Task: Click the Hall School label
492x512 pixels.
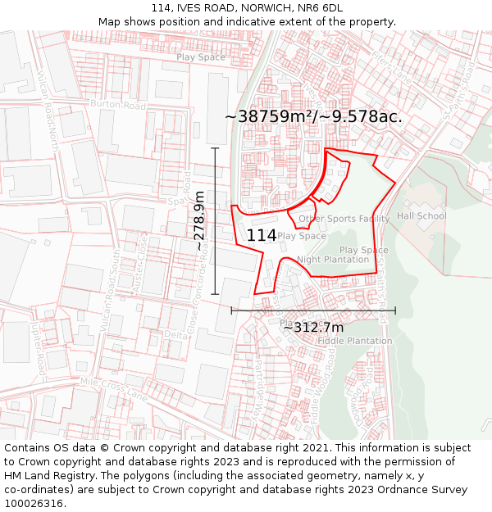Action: click(x=421, y=216)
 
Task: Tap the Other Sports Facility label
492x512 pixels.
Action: click(x=344, y=219)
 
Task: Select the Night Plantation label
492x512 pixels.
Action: click(x=333, y=260)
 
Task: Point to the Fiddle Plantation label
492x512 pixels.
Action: click(x=354, y=341)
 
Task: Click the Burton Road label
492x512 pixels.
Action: click(x=118, y=106)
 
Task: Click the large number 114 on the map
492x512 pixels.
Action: click(x=262, y=235)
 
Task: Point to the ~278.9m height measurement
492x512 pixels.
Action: click(x=199, y=220)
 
